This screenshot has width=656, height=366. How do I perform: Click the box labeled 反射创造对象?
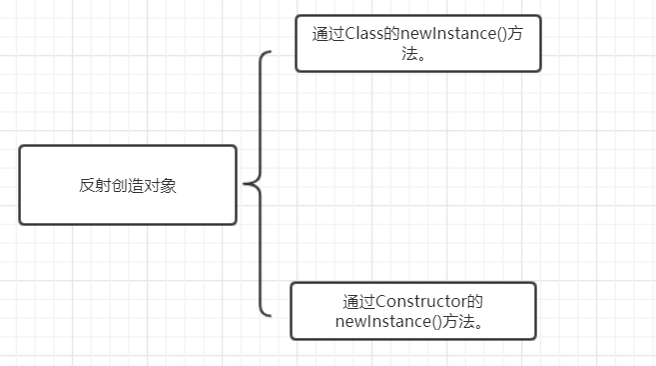[128, 185]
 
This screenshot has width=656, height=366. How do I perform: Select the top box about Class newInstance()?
[417, 44]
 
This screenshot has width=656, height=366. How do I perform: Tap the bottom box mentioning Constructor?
[412, 311]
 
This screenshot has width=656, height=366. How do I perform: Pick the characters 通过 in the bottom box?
[355, 301]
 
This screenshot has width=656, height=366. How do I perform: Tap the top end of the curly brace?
[269, 53]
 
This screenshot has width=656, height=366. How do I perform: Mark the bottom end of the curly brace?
[269, 315]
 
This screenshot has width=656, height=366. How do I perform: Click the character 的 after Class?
[393, 32]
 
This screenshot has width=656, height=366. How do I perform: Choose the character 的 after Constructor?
[477, 301]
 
